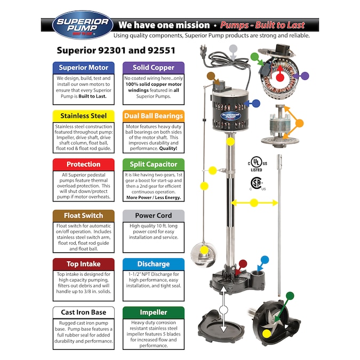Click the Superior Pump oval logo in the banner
(83, 25)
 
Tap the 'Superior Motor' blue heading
(84, 68)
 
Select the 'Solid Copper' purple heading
(154, 68)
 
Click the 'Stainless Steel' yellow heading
(84, 116)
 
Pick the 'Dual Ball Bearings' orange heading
(154, 116)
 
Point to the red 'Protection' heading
(84, 164)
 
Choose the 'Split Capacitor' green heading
(154, 164)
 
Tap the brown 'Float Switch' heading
(84, 215)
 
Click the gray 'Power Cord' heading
(154, 215)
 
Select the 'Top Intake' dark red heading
(84, 264)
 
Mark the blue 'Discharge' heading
(154, 264)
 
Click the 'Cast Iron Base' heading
(84, 312)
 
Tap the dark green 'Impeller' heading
(154, 312)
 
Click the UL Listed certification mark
(257, 164)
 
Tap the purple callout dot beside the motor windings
(305, 76)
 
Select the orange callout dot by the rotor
(299, 123)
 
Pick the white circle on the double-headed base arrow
(223, 310)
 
